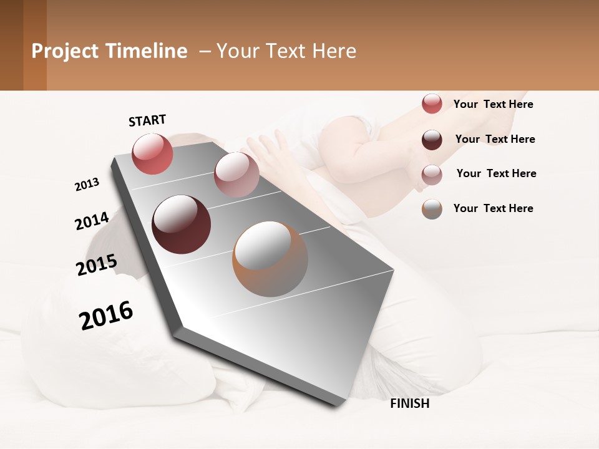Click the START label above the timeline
click(x=147, y=120)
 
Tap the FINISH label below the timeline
click(x=410, y=403)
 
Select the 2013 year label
click(x=87, y=185)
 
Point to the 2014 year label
click(x=92, y=221)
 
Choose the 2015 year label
click(x=97, y=264)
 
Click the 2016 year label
click(x=106, y=316)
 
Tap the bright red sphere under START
click(x=152, y=154)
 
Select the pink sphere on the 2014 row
click(x=236, y=175)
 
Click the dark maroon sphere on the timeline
click(x=182, y=224)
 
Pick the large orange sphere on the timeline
click(x=270, y=259)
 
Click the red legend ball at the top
click(x=432, y=104)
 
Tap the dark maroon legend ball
click(x=432, y=140)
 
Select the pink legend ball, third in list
click(x=432, y=174)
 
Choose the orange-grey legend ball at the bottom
click(x=432, y=209)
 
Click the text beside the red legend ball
click(x=493, y=104)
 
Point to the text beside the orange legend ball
click(x=493, y=208)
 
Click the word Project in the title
click(x=65, y=51)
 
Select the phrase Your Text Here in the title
click(x=286, y=51)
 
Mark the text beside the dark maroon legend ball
click(x=495, y=139)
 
